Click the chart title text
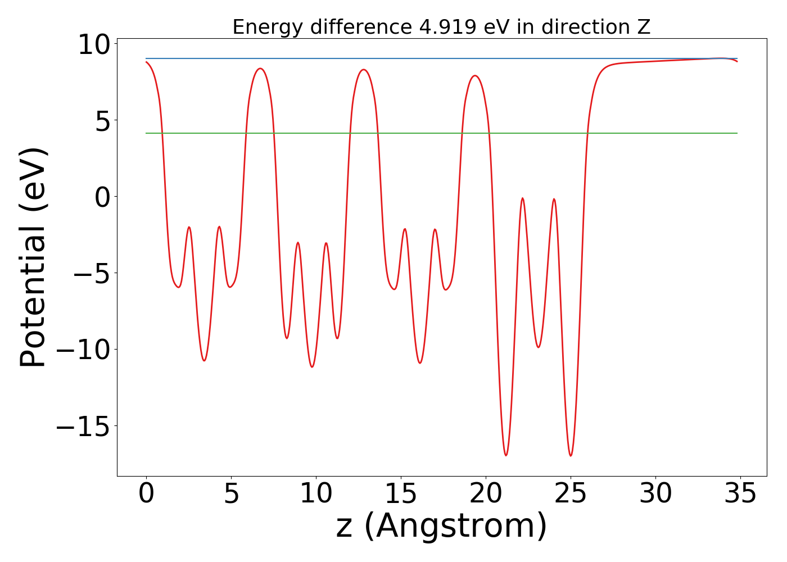441,27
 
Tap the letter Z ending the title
644,27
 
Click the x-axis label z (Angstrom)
441,526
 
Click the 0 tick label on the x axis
146,493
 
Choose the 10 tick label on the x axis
316,493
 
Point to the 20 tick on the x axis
486,493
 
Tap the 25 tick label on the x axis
571,493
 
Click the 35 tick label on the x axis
740,493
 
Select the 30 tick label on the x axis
655,493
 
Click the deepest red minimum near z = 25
571,455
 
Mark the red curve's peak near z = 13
364,70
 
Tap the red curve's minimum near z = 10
312,367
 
